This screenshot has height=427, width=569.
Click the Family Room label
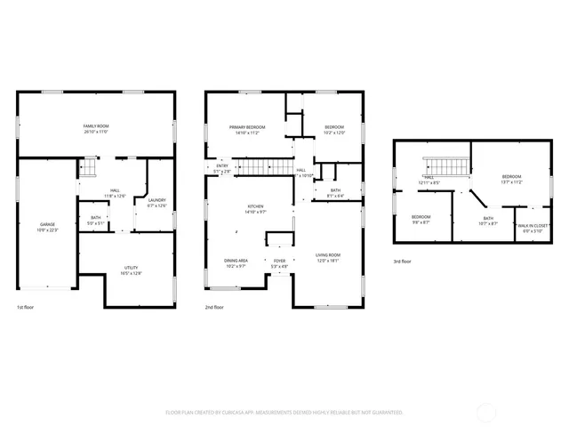coord(95,126)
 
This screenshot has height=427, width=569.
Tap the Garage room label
coord(46,224)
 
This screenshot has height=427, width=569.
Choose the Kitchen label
coord(255,206)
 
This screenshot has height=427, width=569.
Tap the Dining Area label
coord(236,260)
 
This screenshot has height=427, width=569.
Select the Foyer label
coord(279,260)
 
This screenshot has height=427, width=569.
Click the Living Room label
coord(328,255)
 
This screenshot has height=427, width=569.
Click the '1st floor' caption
coord(26,308)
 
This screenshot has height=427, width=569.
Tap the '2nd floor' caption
coord(214,308)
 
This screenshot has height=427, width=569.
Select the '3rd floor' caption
coord(403,262)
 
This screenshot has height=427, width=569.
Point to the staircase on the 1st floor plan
coord(88,166)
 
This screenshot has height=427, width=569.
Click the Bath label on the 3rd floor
coord(488,218)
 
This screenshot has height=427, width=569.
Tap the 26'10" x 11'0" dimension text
coord(95,132)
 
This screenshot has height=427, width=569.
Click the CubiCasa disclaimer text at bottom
coord(284,413)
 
